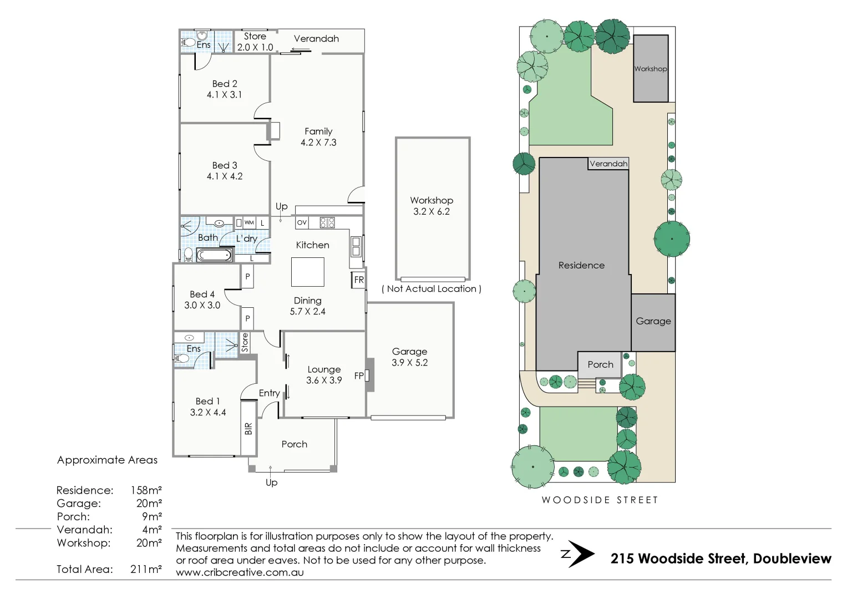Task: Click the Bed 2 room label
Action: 225,84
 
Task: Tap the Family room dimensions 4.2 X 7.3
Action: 318,143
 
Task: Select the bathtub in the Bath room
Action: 214,255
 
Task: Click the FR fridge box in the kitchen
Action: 359,280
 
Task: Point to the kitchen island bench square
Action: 308,272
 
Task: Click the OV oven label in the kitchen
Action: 302,222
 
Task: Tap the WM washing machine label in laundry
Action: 250,222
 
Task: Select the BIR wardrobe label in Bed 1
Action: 248,428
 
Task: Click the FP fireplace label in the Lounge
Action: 359,375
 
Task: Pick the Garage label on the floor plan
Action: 409,352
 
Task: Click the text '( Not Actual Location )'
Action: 432,289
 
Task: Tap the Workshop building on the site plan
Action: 651,69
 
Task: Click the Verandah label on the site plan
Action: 608,164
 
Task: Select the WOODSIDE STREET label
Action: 600,500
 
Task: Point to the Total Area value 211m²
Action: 146,569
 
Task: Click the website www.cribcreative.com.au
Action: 240,572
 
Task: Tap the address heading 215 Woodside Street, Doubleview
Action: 721,559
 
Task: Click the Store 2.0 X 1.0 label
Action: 255,42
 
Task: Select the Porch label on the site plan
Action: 600,364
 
